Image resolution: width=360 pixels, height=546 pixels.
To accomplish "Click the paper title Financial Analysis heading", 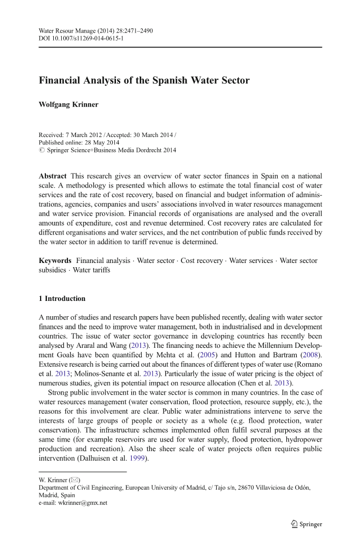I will pos(144,81).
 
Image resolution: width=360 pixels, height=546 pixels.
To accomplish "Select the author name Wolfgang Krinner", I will pos(69,104).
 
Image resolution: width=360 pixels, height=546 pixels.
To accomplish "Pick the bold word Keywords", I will pos(55,261).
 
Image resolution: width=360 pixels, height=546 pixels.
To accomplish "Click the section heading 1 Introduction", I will pos(62,299).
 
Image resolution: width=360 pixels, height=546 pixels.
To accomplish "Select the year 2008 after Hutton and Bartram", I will pos(310,355).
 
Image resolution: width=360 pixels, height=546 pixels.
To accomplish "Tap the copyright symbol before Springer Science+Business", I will pos(42,150).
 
